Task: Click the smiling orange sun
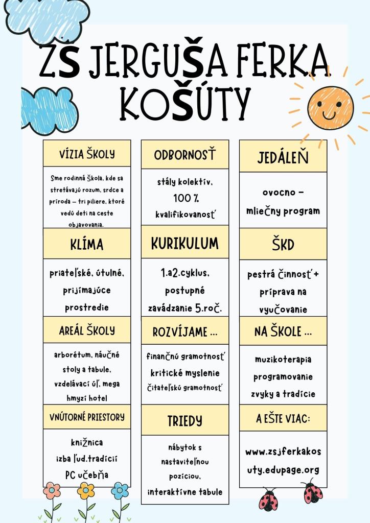[x=330, y=107]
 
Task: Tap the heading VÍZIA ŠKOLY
[x=87, y=154]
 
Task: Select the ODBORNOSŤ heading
[x=185, y=154]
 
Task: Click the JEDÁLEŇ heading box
[x=283, y=156]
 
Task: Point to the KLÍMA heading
[x=87, y=244]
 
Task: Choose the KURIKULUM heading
[x=185, y=244]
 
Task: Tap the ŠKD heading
[x=283, y=244]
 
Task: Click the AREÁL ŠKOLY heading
[x=87, y=330]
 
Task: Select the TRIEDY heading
[x=185, y=421]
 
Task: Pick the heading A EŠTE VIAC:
[x=283, y=419]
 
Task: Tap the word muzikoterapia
[x=283, y=360]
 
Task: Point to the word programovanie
[x=283, y=377]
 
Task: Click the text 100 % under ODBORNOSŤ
[x=185, y=198]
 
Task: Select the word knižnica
[x=87, y=442]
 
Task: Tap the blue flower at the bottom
[x=120, y=491]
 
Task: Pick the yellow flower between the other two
[x=86, y=491]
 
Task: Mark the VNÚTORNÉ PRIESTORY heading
[x=87, y=417]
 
